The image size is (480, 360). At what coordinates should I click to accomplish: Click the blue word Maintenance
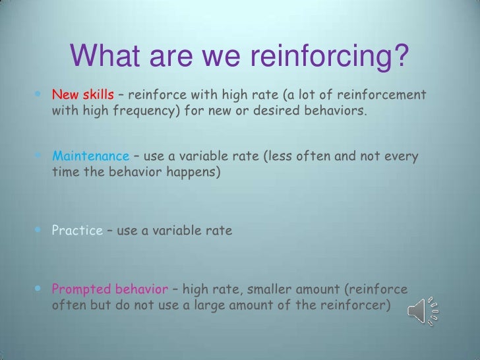click(91, 156)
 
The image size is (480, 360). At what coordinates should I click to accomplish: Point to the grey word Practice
click(77, 231)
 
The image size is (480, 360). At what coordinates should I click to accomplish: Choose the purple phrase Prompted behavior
click(109, 289)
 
